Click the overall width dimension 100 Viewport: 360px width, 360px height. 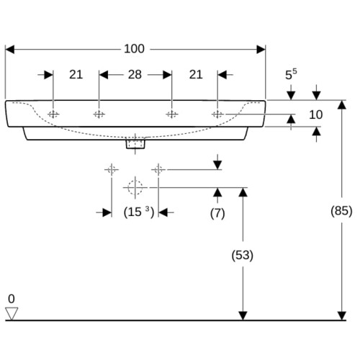coord(134,49)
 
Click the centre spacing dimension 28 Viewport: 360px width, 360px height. coord(135,75)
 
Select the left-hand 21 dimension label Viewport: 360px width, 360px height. coord(76,75)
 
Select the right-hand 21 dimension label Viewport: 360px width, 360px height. coord(196,75)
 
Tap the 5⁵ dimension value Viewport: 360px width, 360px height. coord(291,74)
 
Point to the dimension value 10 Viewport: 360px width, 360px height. coord(315,114)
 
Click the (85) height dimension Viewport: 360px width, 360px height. coord(341,211)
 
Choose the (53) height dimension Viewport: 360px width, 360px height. coord(243,255)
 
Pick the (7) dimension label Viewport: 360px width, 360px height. coord(217,213)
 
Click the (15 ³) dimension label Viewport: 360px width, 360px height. coord(139,212)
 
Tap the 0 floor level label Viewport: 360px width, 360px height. coord(12,299)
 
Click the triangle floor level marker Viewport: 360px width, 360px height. coord(12,313)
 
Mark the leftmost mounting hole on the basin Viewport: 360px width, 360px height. coord(53,114)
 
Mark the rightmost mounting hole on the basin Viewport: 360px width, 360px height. coord(217,114)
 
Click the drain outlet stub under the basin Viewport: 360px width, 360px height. coord(135,143)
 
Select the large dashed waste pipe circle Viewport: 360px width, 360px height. coord(135,187)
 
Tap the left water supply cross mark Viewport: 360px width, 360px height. coord(112,170)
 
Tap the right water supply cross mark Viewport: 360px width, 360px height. coord(158,170)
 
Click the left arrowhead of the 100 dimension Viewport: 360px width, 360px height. coord(9,50)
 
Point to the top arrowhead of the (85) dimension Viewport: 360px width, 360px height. coord(342,104)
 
